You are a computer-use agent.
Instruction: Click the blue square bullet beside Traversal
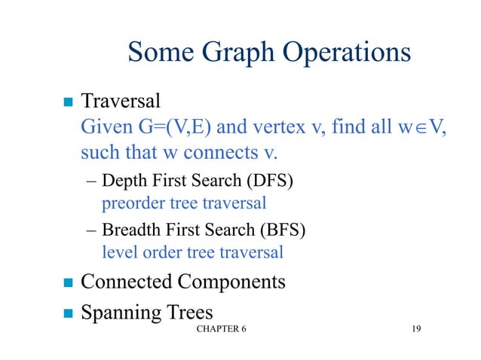(x=66, y=101)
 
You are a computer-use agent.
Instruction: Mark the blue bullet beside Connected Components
(x=66, y=284)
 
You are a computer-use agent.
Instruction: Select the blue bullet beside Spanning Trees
(x=66, y=313)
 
